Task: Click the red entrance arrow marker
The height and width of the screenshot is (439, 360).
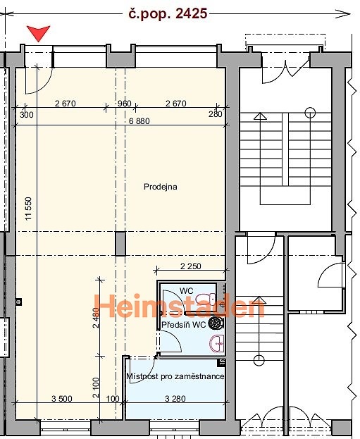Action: pos(38,33)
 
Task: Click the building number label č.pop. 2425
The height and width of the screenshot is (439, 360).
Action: pos(168,13)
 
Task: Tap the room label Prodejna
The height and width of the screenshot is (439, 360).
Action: pos(161,187)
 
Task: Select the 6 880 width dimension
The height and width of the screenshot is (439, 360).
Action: pos(139,121)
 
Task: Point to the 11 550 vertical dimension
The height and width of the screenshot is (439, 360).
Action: pos(29,209)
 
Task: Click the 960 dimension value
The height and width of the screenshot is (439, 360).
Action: pos(124,104)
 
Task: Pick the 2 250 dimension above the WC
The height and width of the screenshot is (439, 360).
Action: pos(191,266)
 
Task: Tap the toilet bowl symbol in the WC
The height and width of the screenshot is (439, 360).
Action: pos(205,299)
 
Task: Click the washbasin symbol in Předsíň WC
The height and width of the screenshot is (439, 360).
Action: pos(217,343)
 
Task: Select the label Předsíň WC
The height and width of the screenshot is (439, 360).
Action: pos(184,325)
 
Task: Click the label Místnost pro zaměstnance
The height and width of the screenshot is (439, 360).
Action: pos(175,376)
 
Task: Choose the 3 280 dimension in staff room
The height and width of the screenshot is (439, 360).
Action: pos(175,398)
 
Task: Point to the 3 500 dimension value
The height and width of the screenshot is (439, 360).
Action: pos(62,398)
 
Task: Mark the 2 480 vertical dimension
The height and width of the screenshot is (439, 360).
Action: pos(96,318)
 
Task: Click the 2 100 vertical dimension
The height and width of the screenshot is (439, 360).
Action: pos(96,388)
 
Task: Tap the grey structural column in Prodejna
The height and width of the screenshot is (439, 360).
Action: pos(120,244)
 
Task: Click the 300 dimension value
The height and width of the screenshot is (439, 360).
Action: pos(27,115)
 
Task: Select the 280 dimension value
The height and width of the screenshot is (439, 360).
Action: pos(216,114)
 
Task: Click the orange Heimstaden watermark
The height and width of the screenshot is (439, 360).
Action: pos(180,306)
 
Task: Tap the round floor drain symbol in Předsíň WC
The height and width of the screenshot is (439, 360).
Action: pos(216,323)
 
